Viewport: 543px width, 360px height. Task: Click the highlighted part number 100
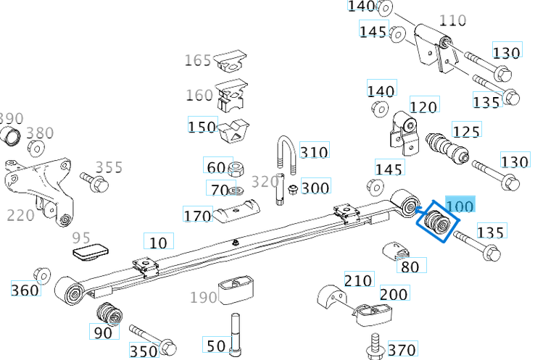pos(460,206)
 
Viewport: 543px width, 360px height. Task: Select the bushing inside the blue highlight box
pos(437,222)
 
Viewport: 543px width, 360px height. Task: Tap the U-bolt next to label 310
pos(284,156)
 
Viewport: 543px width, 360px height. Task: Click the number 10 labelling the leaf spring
pos(157,242)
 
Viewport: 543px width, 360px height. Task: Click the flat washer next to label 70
pos(236,191)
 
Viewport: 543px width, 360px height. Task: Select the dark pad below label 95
pos(91,251)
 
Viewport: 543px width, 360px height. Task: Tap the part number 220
pos(21,215)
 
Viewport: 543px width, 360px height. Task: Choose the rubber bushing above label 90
pos(109,314)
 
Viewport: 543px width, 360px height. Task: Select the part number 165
pos(198,60)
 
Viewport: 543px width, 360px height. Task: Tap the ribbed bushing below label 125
pos(447,148)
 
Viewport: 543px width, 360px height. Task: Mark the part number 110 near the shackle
pos(453,20)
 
